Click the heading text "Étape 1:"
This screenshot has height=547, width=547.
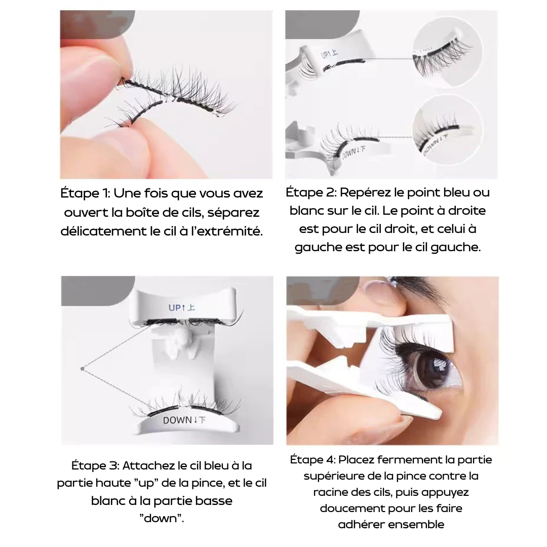[x=85, y=193]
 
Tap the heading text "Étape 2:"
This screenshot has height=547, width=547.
[x=311, y=192]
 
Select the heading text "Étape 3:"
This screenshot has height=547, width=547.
[x=95, y=465]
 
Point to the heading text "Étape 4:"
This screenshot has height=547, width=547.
[x=312, y=459]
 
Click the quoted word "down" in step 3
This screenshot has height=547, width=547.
[x=162, y=519]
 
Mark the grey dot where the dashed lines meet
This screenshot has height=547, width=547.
[x=82, y=369]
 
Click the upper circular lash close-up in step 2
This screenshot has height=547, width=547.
[x=447, y=51]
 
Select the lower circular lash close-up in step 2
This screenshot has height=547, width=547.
[x=447, y=129]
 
